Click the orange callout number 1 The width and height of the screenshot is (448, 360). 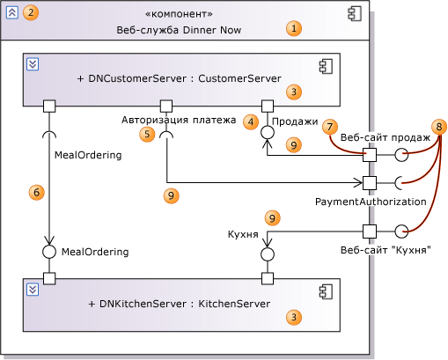[x=294, y=28]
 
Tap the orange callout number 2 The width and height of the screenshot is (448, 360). [x=31, y=12]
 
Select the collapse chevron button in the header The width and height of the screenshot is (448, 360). [x=12, y=12]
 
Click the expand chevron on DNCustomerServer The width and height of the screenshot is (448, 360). [x=33, y=64]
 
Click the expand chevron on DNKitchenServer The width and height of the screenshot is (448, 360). [x=33, y=290]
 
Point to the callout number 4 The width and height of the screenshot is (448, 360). [x=251, y=121]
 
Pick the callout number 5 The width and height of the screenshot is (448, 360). [x=147, y=135]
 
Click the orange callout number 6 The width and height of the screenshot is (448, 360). [x=36, y=193]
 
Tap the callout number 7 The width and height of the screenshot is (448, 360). [x=330, y=127]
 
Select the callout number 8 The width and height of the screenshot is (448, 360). [x=439, y=127]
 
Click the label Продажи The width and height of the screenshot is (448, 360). [x=295, y=121]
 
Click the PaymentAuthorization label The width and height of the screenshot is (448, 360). [x=371, y=202]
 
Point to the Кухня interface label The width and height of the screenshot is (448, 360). [x=243, y=234]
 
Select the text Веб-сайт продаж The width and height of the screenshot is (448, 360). [x=386, y=137]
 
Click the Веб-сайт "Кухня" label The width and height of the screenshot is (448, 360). [x=386, y=250]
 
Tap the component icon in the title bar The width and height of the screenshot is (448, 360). [x=355, y=14]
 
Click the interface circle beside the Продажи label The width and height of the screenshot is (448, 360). [x=268, y=132]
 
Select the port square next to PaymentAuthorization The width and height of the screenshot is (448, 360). [x=370, y=183]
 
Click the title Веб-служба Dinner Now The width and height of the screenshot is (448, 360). [x=179, y=30]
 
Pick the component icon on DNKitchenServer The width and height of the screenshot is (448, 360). [x=326, y=291]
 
